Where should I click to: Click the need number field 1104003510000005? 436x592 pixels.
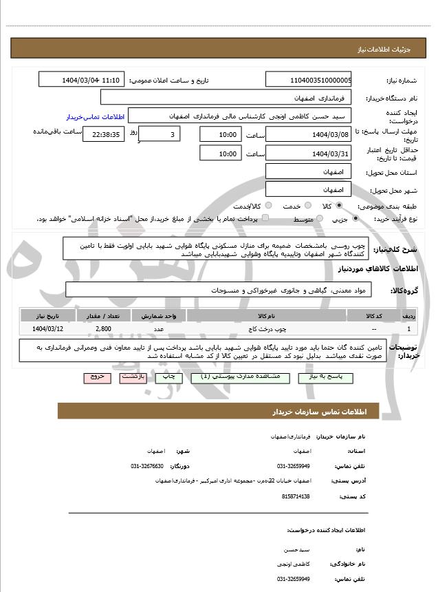tap(308, 80)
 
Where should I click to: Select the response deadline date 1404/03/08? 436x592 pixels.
tap(308, 134)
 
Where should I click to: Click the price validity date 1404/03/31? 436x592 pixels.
tap(308, 153)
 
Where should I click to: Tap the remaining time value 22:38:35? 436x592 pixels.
tap(104, 134)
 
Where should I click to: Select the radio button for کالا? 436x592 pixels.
tap(339, 205)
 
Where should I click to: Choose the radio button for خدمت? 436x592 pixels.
tap(307, 205)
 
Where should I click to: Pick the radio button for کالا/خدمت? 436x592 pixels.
tap(268, 205)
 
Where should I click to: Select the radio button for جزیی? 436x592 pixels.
tap(356, 218)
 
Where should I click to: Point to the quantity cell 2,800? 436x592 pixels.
tap(104, 329)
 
